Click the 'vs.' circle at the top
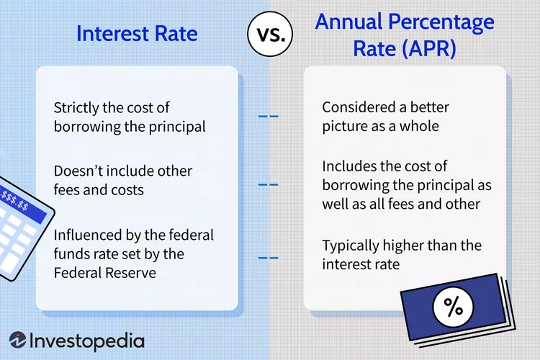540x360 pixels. (x=269, y=34)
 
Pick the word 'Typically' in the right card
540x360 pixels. (x=351, y=246)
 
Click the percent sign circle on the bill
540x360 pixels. (x=453, y=307)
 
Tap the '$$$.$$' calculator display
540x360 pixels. (x=16, y=197)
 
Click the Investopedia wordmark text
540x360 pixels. (x=88, y=341)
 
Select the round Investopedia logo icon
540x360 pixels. (x=19, y=340)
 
